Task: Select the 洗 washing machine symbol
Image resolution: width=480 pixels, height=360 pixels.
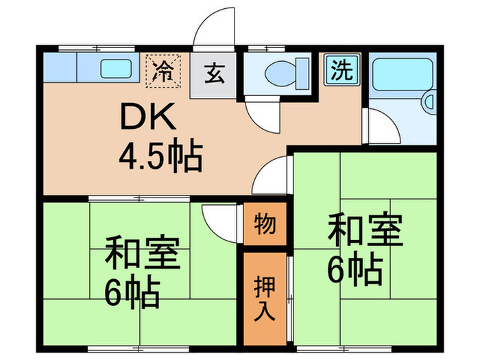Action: (x=339, y=69)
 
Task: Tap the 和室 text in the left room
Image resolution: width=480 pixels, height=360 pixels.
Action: (x=142, y=254)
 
